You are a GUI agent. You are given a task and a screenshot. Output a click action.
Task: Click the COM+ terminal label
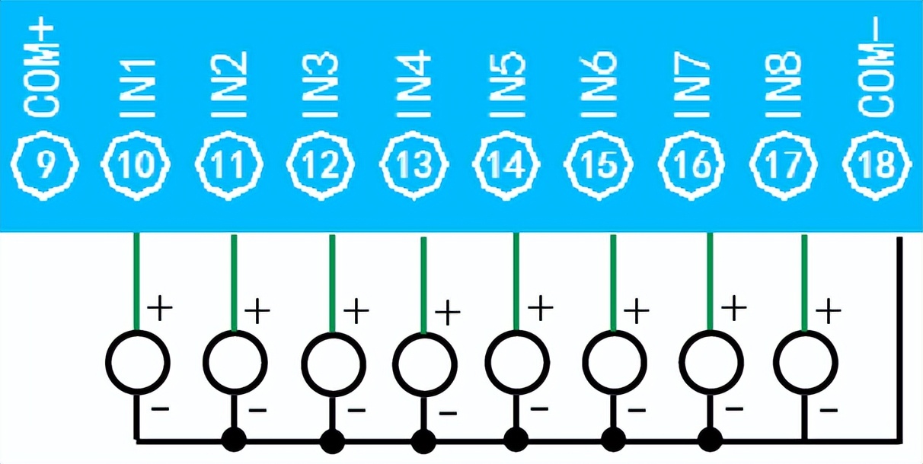(x=45, y=70)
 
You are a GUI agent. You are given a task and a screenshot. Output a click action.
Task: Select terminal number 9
(x=45, y=167)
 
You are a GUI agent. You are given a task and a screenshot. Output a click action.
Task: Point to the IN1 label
(x=138, y=84)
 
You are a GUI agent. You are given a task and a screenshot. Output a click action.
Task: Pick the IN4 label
(x=415, y=84)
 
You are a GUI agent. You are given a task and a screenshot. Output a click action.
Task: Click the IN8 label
(x=784, y=84)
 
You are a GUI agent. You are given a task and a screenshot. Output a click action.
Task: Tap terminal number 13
(x=415, y=167)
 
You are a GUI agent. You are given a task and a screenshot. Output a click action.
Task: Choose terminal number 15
(x=600, y=167)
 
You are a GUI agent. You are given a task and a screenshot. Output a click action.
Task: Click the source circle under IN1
(x=137, y=362)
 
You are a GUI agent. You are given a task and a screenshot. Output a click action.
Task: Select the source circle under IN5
(x=517, y=362)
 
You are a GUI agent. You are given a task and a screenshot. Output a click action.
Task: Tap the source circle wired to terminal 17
(x=805, y=362)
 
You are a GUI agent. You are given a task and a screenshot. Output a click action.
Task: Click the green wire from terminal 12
(x=332, y=281)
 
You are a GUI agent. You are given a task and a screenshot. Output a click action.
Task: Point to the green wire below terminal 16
(x=710, y=281)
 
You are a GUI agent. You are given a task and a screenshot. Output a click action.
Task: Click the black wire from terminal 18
(x=899, y=342)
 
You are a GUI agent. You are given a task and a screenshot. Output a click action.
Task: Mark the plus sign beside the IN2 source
(x=257, y=310)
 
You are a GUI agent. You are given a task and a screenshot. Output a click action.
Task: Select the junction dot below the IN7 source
(x=710, y=440)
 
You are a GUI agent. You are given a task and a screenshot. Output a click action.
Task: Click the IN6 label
(x=600, y=84)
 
